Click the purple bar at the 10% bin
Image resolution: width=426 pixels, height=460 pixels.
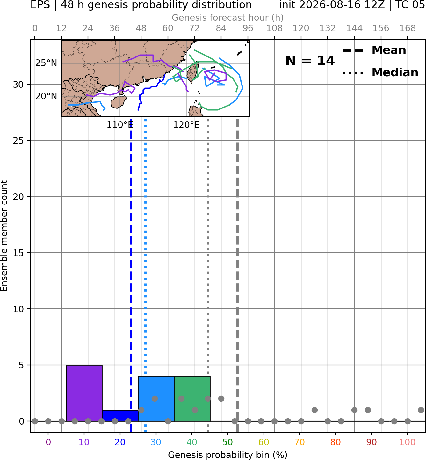(84, 393)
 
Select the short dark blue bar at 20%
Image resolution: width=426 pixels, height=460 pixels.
(120, 416)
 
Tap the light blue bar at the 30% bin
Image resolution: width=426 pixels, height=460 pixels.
(156, 399)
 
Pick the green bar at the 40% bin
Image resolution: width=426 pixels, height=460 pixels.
(192, 399)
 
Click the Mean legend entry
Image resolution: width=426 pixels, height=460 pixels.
(374, 50)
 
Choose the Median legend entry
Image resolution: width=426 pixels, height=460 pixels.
(380, 72)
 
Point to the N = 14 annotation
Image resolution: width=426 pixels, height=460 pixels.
(310, 61)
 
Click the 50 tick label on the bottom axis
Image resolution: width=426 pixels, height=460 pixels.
(227, 442)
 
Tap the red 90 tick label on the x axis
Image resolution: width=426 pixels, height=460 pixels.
(372, 442)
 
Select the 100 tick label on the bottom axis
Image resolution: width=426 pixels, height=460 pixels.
(408, 442)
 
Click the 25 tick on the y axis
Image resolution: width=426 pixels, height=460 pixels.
(18, 141)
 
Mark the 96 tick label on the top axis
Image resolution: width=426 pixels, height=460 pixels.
(248, 28)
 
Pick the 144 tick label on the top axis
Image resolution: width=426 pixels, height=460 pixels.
(354, 28)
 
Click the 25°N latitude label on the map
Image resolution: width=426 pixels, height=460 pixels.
(46, 63)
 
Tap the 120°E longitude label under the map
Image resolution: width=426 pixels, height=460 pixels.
(186, 125)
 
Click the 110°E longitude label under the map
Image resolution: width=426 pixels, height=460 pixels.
(119, 125)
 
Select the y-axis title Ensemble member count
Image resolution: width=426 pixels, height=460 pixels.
(4, 236)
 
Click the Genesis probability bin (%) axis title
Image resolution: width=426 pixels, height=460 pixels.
(228, 455)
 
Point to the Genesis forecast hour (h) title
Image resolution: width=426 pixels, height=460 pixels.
(228, 18)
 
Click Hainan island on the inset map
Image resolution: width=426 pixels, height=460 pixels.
(119, 102)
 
